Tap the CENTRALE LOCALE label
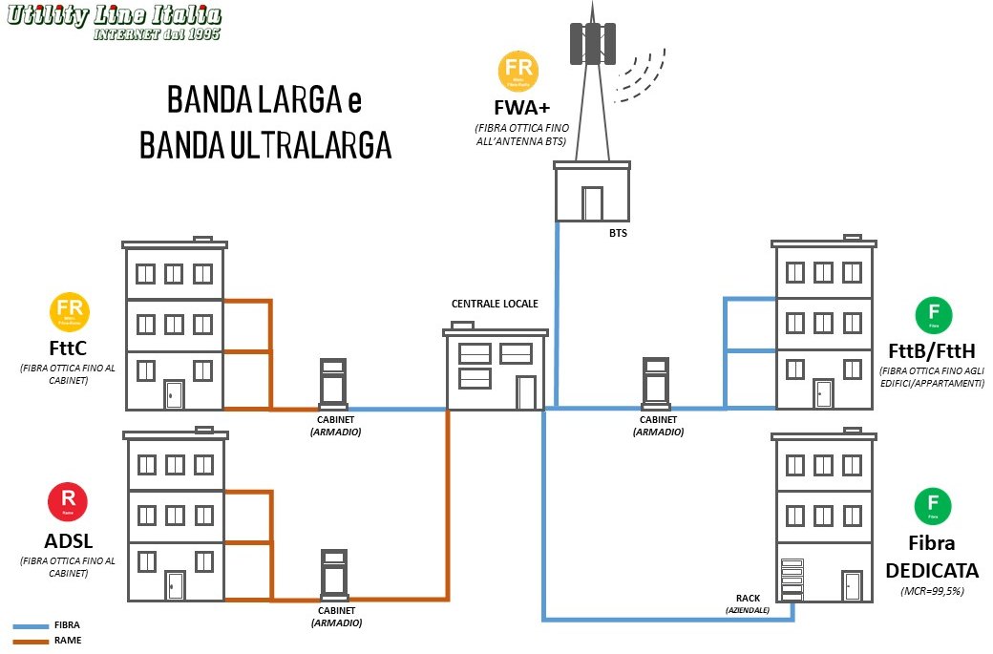click(495, 304)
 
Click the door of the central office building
click(526, 392)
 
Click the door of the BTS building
click(592, 203)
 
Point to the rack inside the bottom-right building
click(792, 579)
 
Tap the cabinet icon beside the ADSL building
click(333, 574)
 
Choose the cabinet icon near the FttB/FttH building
click(656, 382)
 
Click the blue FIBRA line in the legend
click(30, 626)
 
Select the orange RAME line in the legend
click(30, 642)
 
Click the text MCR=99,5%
click(933, 592)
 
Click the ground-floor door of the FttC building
click(174, 394)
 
